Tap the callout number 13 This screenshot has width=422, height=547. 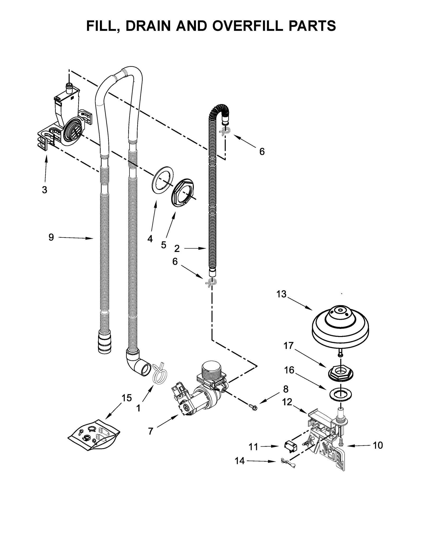(281, 294)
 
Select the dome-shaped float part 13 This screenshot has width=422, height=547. (340, 325)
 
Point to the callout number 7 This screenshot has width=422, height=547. (150, 431)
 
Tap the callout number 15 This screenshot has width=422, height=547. (127, 398)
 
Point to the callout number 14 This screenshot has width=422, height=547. (240, 461)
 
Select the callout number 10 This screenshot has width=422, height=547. (378, 445)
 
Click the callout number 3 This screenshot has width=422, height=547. (45, 190)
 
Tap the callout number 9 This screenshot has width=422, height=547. (51, 237)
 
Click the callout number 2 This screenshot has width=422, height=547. (177, 248)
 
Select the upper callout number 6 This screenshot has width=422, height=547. (262, 151)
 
